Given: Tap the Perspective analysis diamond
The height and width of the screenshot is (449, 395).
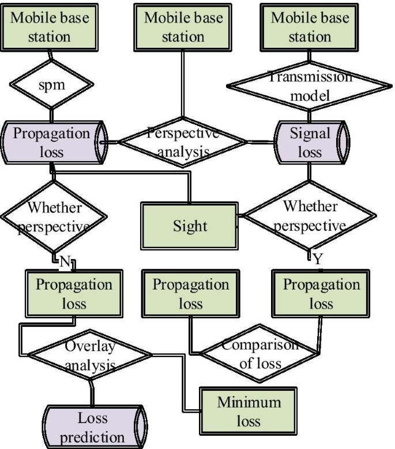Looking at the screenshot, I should click(182, 142).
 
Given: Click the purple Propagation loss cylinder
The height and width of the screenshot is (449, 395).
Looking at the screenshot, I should click(52, 142).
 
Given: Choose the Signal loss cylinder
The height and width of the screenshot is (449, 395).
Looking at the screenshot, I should click(310, 142).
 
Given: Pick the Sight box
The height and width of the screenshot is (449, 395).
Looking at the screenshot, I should click(190, 225).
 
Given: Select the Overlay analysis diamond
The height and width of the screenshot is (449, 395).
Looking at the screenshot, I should click(90, 356).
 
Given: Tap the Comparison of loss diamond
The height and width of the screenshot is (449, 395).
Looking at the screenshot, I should click(261, 355).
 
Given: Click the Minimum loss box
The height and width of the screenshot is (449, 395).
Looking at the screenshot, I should click(249, 411).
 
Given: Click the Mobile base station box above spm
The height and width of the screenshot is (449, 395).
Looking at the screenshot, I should click(50, 26).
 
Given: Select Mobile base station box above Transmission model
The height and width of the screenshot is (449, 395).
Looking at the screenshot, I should click(310, 26).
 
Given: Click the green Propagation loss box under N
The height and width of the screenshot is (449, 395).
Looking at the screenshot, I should click(74, 294).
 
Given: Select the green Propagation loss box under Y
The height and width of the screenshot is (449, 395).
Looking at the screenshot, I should click(321, 294).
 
